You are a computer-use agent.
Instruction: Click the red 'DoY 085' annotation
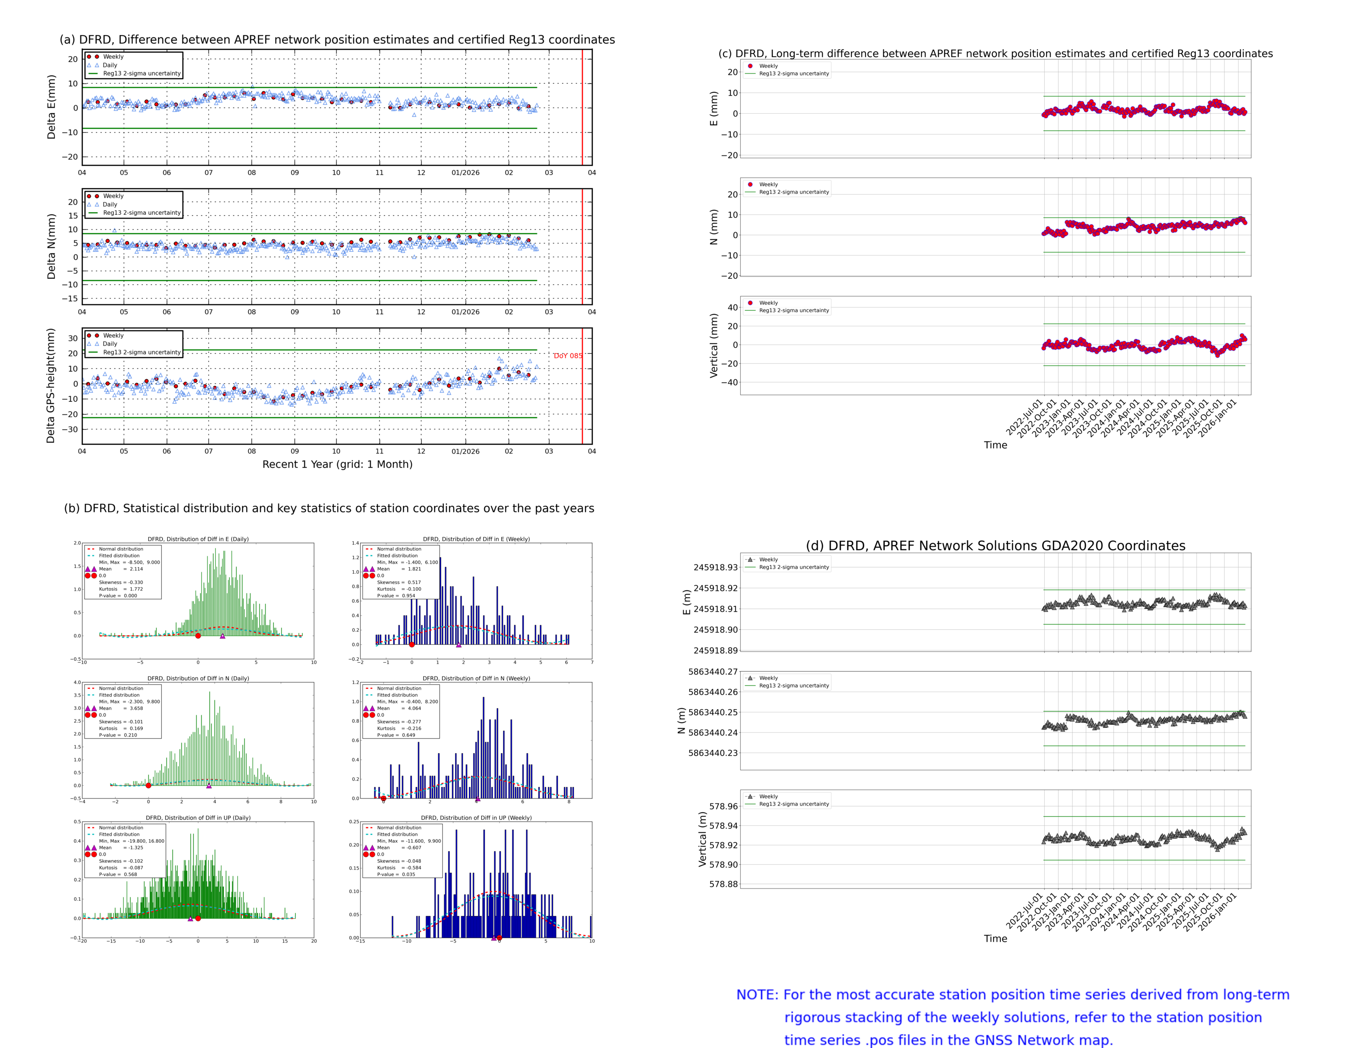567,356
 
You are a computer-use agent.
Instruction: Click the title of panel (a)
337,39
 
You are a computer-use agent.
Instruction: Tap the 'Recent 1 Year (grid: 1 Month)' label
337,464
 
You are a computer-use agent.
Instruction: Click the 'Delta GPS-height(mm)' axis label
51,385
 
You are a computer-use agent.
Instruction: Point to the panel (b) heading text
329,508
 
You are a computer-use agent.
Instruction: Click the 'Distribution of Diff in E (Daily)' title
198,539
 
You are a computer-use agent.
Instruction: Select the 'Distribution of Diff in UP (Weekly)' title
476,817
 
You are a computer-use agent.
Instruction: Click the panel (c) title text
995,53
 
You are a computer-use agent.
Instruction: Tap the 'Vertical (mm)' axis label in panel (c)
713,345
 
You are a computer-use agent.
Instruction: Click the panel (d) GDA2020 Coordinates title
995,546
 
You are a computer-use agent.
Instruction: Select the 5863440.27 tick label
712,671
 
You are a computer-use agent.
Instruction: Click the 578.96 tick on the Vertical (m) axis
723,806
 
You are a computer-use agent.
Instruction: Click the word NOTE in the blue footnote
757,995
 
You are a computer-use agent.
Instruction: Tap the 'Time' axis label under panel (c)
995,445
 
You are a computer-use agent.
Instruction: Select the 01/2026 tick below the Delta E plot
465,173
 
